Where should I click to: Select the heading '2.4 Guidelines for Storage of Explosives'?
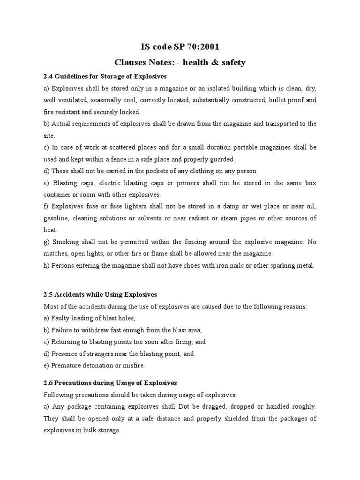(105, 76)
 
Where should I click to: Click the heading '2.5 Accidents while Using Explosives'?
(100, 294)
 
